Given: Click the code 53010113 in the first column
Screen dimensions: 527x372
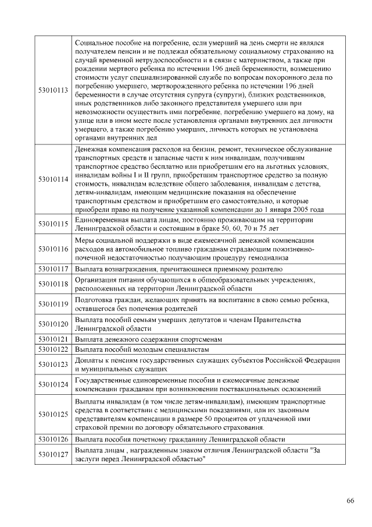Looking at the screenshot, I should (x=53, y=90).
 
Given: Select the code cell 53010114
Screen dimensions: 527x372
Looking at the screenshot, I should (x=53, y=179).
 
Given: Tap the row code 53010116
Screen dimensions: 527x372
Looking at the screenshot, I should (x=53, y=249).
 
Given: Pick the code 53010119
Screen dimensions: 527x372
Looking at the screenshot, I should (x=53, y=304).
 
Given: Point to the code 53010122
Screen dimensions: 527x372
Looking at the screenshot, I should (x=53, y=349).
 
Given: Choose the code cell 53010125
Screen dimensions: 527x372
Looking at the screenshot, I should (x=53, y=414).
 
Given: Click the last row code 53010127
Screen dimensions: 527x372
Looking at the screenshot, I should (x=53, y=454).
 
